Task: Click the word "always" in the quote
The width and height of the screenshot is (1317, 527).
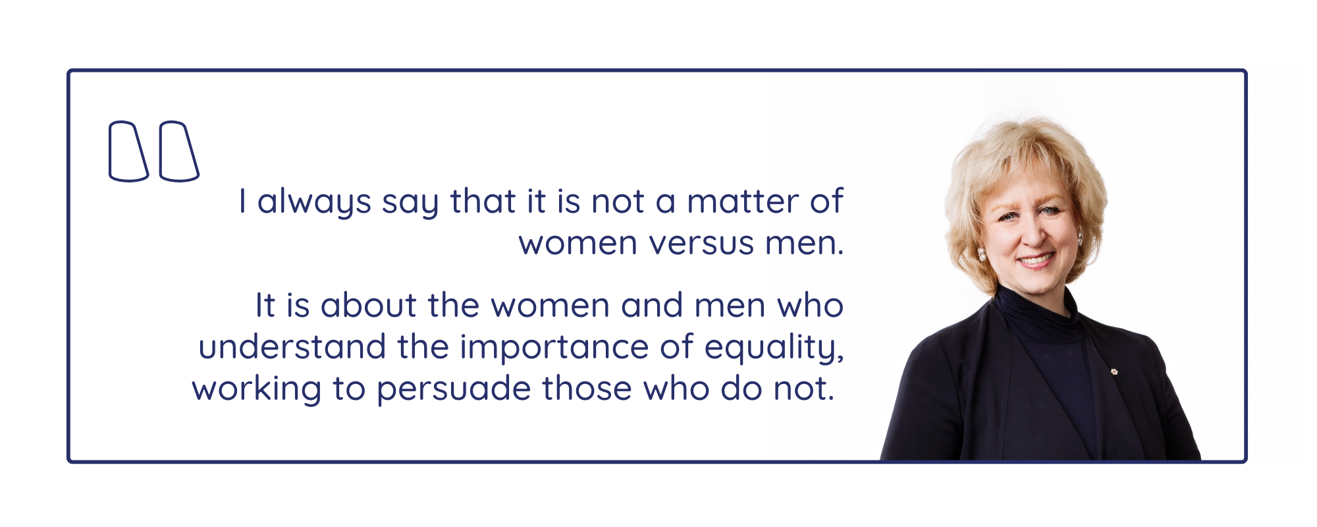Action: click(314, 202)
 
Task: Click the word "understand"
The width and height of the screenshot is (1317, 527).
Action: click(292, 347)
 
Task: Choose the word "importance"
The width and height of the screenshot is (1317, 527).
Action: click(554, 348)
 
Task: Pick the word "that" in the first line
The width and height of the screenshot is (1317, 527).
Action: click(483, 202)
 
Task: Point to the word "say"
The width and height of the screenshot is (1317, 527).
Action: click(410, 204)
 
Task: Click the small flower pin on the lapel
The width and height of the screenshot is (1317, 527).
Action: click(1114, 372)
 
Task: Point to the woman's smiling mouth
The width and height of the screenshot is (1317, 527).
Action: click(1036, 260)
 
